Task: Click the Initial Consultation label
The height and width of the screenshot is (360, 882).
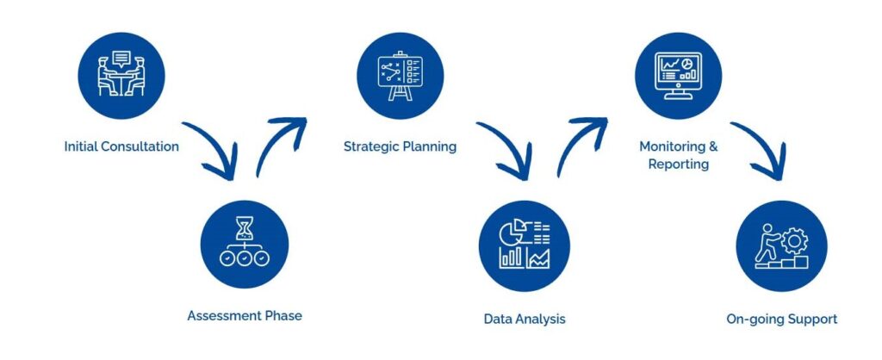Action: [121, 146]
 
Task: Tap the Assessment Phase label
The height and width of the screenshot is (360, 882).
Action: [245, 315]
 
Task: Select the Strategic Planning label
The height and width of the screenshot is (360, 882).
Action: [400, 146]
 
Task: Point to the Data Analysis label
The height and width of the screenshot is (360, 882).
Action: [525, 320]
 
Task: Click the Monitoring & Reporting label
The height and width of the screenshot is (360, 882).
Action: [679, 155]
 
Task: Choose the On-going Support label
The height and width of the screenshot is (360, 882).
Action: [782, 320]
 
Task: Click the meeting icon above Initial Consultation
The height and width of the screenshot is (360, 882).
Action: [121, 74]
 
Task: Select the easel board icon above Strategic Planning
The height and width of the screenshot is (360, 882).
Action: [400, 76]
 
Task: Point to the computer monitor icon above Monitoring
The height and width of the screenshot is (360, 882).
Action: [679, 76]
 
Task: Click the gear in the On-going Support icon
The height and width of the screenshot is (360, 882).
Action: [794, 241]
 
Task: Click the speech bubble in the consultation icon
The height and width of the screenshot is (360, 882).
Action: [121, 59]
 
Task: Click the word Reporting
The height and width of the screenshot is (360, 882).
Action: [679, 164]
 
